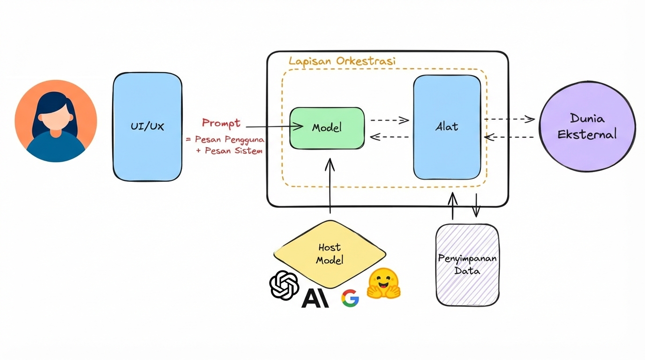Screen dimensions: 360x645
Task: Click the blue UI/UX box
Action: [147, 127]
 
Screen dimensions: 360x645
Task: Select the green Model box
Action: [327, 128]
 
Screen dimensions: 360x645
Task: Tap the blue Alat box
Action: [447, 127]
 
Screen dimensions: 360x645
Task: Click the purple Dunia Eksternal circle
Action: [587, 127]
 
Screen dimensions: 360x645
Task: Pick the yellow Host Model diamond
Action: [330, 254]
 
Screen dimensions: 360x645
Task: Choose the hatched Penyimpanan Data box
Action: [467, 265]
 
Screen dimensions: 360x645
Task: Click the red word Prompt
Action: [221, 123]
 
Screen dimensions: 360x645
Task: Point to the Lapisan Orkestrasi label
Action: [342, 61]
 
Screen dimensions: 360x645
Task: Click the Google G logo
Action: [350, 298]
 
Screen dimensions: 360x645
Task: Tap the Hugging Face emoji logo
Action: [383, 284]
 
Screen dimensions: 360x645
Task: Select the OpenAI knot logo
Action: [284, 285]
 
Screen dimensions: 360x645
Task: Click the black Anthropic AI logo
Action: [315, 298]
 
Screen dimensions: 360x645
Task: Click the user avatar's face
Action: [56, 120]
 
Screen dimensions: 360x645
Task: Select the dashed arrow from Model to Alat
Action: [390, 120]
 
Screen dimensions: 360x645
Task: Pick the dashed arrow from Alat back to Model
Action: [390, 137]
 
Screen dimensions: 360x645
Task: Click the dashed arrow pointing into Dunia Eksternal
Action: [510, 119]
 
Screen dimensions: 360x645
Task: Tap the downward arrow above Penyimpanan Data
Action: [476, 205]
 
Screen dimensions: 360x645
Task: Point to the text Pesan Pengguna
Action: [230, 140]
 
